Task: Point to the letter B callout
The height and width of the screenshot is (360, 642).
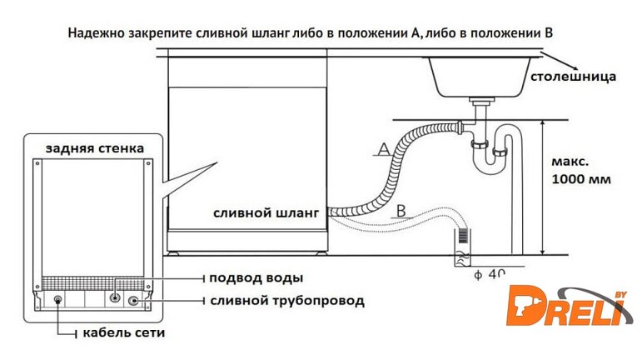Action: click(x=401, y=210)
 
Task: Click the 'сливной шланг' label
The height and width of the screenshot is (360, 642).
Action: click(x=266, y=213)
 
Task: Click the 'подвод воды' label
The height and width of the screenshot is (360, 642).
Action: click(x=256, y=277)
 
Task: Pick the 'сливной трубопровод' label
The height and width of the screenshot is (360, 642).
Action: click(x=286, y=300)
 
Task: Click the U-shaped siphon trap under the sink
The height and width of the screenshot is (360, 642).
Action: click(x=492, y=154)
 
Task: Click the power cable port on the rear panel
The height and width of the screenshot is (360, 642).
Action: click(x=57, y=299)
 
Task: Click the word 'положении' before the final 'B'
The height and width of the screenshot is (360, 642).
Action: click(x=496, y=32)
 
